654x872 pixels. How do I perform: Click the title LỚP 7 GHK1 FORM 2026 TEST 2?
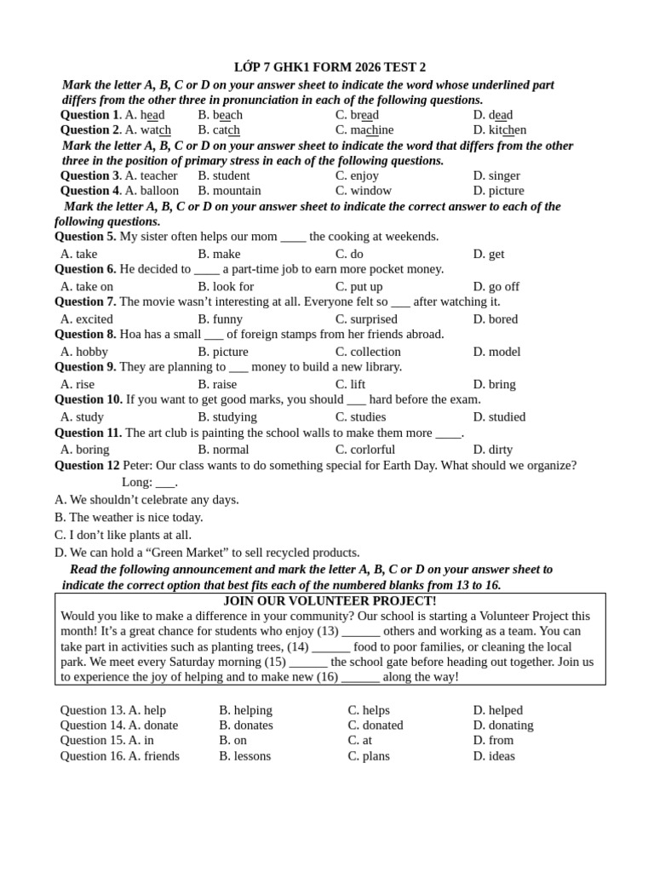[x=330, y=67]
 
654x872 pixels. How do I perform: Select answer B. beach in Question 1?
[x=220, y=115]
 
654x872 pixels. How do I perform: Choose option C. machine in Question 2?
[x=364, y=130]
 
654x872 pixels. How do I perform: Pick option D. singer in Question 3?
[x=496, y=175]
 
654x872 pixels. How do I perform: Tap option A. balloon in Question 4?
[x=152, y=191]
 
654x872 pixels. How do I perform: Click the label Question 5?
[x=85, y=237]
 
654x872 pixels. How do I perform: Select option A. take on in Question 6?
[x=87, y=287]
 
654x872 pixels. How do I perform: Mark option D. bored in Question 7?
[x=495, y=319]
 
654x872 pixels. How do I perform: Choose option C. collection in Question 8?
[x=368, y=352]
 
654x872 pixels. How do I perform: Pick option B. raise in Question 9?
[x=217, y=384]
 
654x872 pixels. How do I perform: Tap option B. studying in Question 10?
[x=227, y=416]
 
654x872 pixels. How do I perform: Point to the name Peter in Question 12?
[x=139, y=466]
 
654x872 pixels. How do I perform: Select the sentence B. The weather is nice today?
[x=129, y=517]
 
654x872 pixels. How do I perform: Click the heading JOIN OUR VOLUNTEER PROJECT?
[x=330, y=601]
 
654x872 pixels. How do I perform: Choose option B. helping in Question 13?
[x=245, y=710]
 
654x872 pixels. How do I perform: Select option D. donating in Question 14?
[x=502, y=726]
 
